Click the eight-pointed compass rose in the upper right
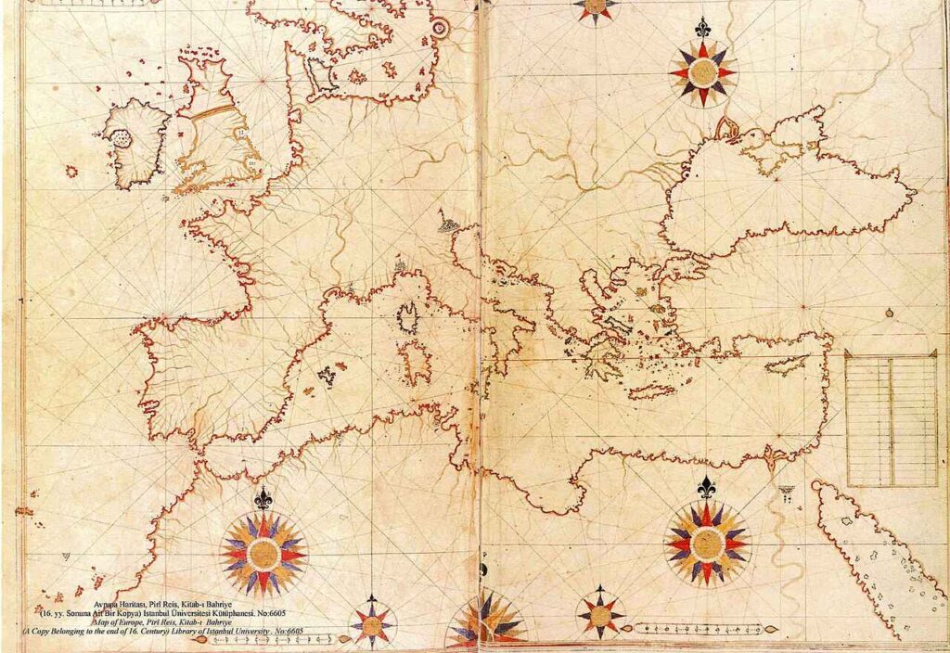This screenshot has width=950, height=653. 702,72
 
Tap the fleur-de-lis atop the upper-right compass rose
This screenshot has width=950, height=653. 702,27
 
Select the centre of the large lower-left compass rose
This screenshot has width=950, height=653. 263,554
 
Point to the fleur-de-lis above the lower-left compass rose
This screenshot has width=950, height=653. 264,499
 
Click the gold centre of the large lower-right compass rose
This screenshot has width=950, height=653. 708,542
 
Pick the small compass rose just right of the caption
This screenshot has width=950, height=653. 372,625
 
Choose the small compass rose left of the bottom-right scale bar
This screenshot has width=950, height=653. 600,613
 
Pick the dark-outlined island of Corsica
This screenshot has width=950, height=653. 407,318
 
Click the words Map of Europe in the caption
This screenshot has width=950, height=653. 125,622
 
